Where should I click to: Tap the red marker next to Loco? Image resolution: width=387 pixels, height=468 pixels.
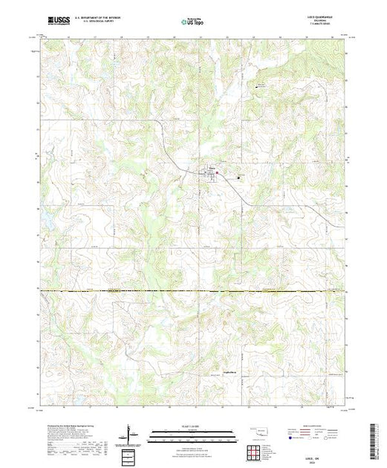tap(218, 173)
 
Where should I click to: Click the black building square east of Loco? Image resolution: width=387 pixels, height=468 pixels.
tap(238, 177)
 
